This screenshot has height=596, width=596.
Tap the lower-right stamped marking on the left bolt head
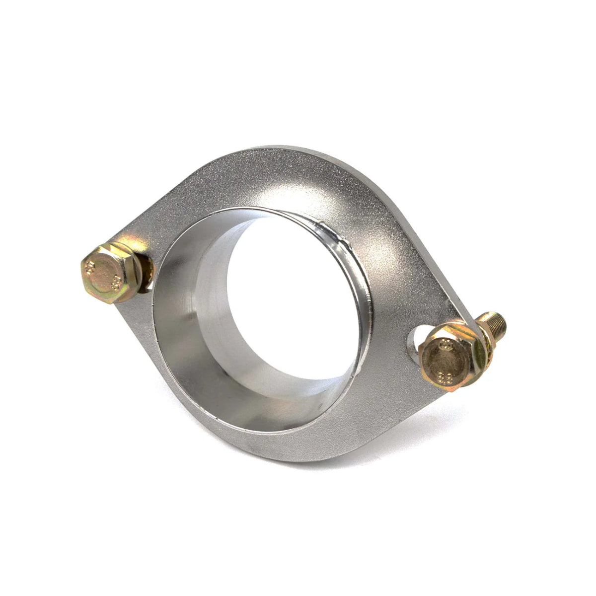[116, 282]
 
